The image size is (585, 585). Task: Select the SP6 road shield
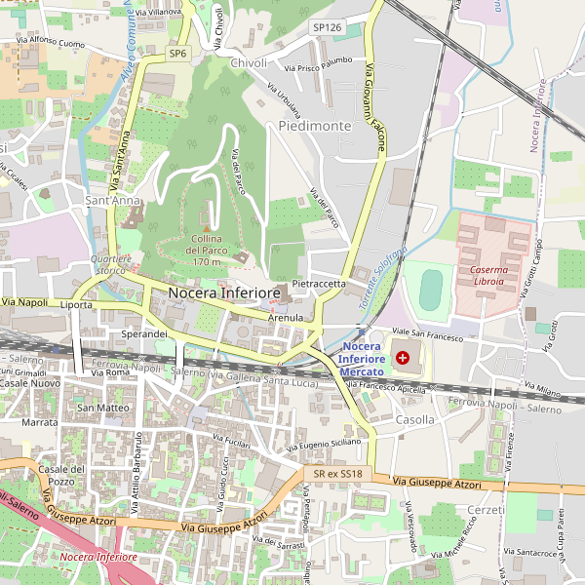(177, 54)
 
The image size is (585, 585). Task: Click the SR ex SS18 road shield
(338, 474)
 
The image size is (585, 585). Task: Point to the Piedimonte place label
(314, 127)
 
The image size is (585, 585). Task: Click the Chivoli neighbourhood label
(249, 63)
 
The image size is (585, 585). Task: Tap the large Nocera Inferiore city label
(224, 292)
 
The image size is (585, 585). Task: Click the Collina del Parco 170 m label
(207, 251)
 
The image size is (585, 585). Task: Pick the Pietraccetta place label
(319, 284)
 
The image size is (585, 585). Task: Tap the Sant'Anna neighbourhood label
(113, 201)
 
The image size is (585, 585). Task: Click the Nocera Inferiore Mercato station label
(362, 359)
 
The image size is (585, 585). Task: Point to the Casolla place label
(415, 419)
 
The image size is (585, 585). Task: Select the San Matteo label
(103, 407)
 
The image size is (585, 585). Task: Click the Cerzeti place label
(487, 510)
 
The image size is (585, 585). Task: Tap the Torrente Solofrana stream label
(382, 279)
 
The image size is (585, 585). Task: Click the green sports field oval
(430, 289)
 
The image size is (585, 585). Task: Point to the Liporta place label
(76, 305)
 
